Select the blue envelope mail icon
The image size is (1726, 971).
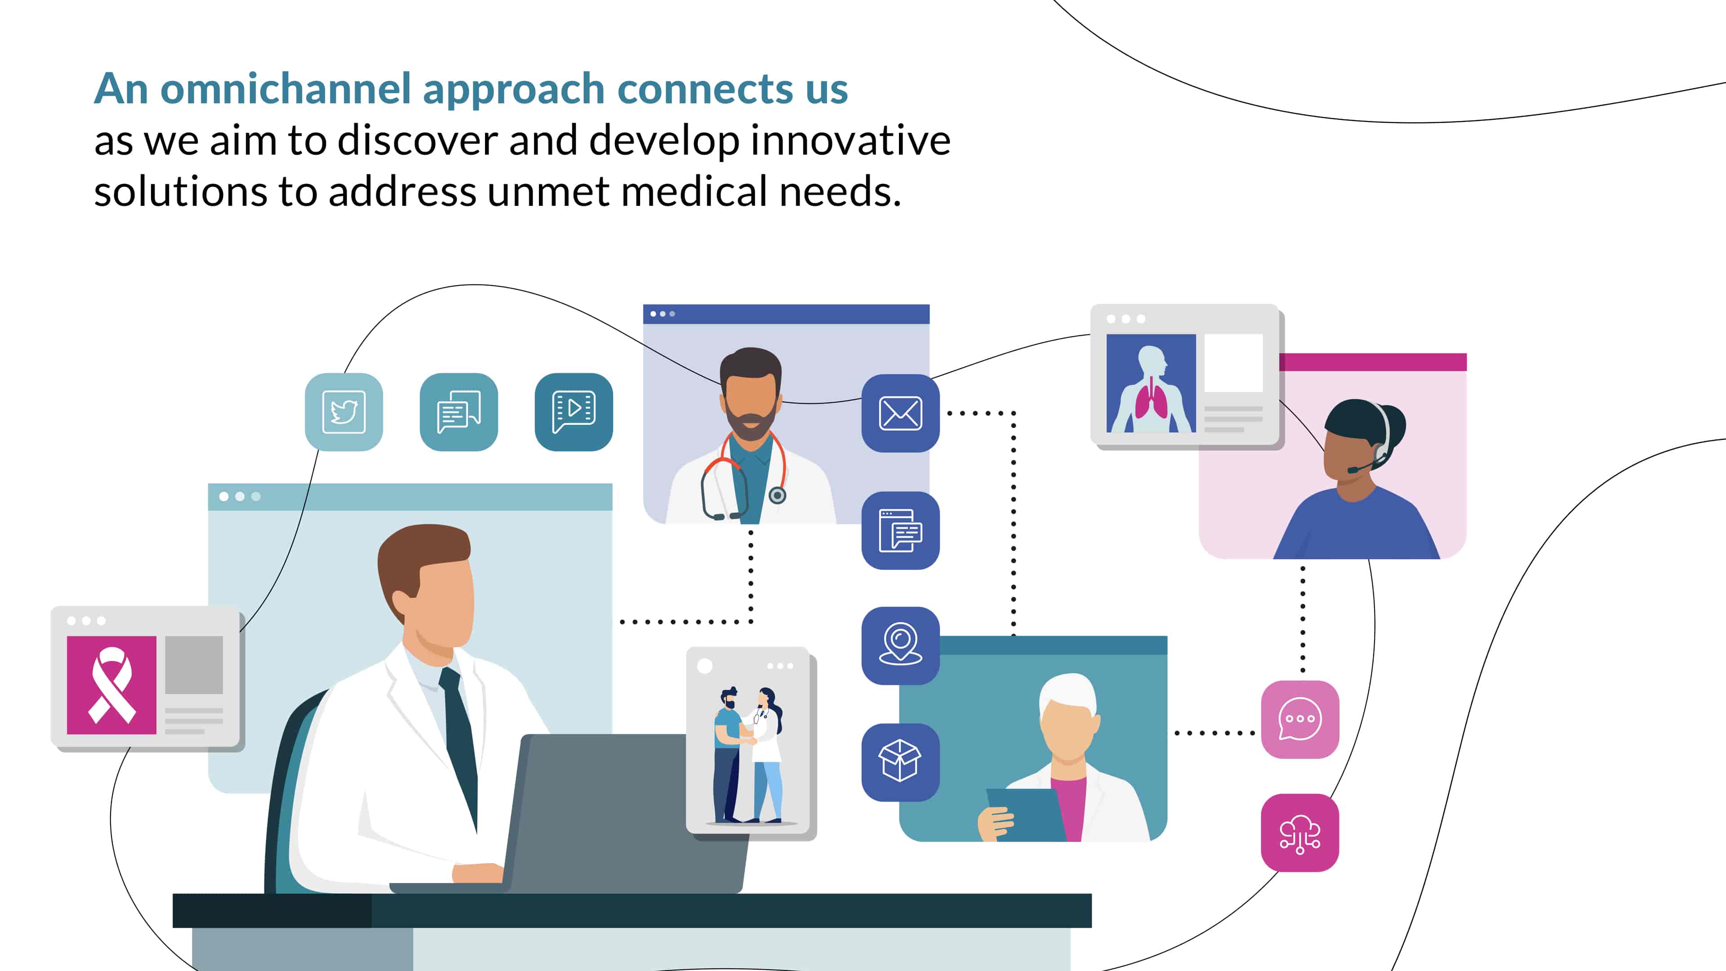point(900,413)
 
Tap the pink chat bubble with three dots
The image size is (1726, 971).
point(1300,720)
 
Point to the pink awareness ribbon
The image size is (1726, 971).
point(112,685)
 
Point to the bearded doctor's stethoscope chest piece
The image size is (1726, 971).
point(777,495)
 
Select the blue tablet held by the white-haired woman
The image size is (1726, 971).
point(1025,814)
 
